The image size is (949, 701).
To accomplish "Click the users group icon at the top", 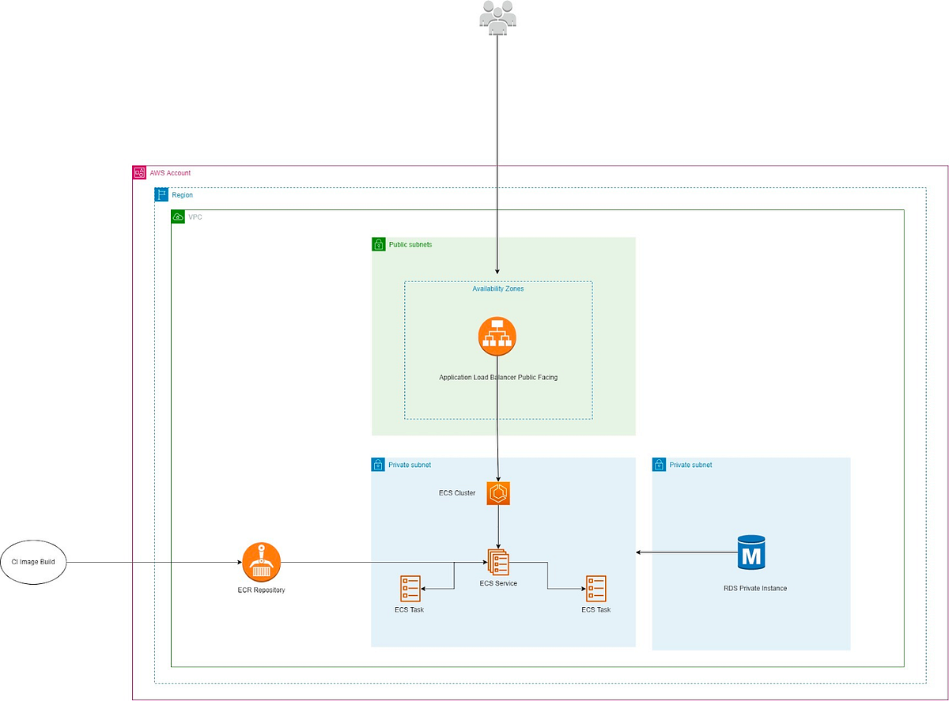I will point(497,17).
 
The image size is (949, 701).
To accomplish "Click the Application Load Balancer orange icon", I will point(497,337).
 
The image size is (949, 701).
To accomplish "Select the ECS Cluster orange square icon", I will point(500,493).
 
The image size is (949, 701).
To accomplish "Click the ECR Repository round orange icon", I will point(262,562).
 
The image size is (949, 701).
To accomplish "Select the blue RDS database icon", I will point(751,552).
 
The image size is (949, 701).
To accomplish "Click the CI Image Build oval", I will point(33,563).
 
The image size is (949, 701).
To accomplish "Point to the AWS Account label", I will point(170,173).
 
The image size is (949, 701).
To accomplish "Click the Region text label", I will point(182,194).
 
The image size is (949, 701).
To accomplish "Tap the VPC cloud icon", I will point(178,217).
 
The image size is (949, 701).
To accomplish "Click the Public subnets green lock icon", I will point(378,245).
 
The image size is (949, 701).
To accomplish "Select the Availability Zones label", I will point(498,289).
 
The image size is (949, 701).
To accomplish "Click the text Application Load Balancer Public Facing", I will point(498,378).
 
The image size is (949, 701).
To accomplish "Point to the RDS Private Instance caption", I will point(755,589).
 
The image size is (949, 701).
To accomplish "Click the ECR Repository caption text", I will point(262,590).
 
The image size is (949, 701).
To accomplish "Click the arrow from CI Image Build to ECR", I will point(150,563).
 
